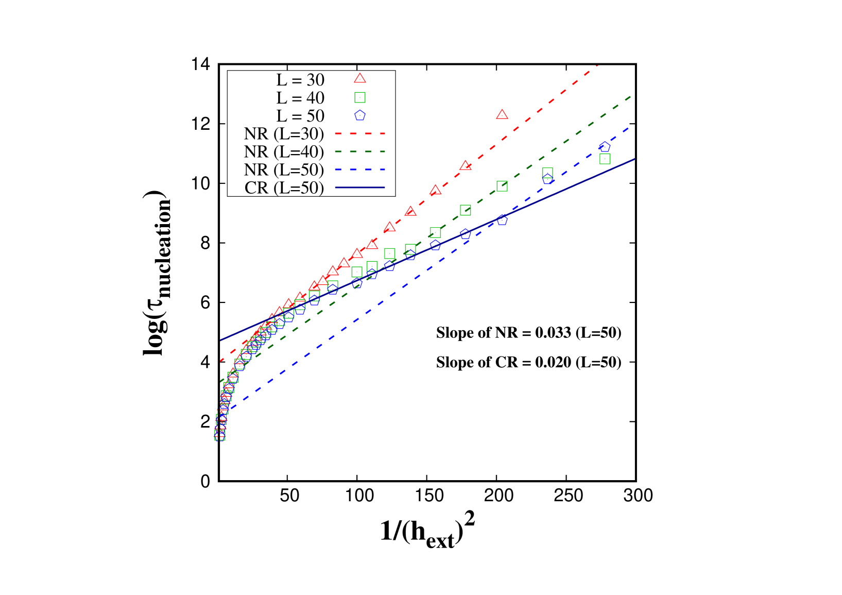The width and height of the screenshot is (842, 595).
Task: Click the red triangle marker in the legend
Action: [x=360, y=78]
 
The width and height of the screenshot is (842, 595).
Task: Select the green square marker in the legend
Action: [x=360, y=97]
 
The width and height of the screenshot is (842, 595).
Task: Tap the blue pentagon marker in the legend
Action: [x=360, y=115]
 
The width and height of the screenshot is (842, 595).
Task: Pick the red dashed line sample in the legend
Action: [x=360, y=133]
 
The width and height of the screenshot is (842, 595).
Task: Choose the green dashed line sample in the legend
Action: [x=360, y=151]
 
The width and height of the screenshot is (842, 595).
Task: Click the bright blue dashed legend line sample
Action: [x=360, y=169]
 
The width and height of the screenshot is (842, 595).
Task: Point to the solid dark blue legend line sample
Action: [x=360, y=188]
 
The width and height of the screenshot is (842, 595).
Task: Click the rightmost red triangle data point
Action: [x=502, y=115]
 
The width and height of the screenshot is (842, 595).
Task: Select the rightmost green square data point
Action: [x=605, y=159]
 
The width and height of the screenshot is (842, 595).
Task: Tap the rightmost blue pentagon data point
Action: [x=605, y=147]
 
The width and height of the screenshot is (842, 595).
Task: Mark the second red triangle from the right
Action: [x=466, y=165]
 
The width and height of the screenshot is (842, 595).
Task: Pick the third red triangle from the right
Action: [x=436, y=190]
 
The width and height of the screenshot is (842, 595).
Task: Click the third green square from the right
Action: [x=502, y=186]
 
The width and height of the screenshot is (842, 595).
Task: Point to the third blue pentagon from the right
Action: [x=502, y=220]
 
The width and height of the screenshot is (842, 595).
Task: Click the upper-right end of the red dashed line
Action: [x=597, y=65]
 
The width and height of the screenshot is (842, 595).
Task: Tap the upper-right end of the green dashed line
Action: [x=631, y=96]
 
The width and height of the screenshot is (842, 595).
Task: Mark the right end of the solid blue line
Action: [x=634, y=159]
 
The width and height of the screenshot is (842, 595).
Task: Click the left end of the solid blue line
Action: [x=220, y=340]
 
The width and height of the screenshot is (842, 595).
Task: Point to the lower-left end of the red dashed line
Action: [x=220, y=361]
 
